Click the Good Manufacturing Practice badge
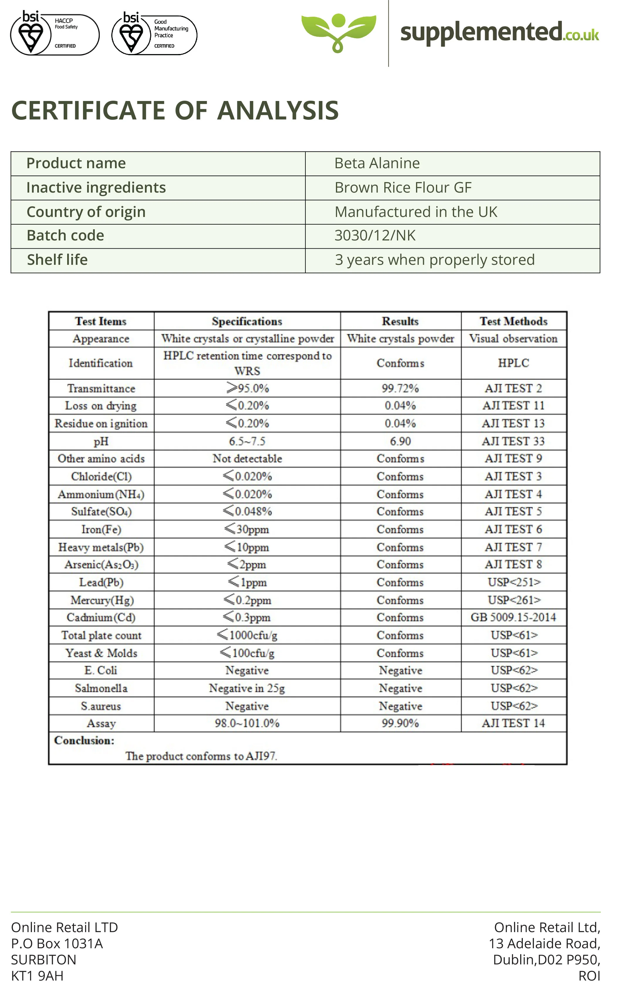(154, 35)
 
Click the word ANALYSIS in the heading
(278, 111)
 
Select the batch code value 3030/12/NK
(375, 236)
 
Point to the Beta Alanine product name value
(377, 163)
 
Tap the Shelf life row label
(57, 260)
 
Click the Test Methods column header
(513, 321)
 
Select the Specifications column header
(247, 321)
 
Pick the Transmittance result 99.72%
(400, 388)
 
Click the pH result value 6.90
(400, 442)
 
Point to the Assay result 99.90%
(400, 723)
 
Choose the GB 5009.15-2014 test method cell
(513, 617)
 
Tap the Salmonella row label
(101, 688)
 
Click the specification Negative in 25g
(247, 688)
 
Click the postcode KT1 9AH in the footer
(37, 976)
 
